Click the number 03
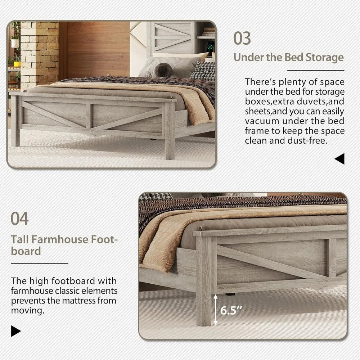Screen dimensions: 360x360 click(x=242, y=38)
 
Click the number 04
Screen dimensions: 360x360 click(x=19, y=219)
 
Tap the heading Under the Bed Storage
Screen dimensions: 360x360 click(x=288, y=57)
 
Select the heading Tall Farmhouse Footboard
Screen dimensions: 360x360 click(x=64, y=245)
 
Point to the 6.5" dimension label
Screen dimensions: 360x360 click(x=231, y=311)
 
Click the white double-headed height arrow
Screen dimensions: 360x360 click(x=215, y=309)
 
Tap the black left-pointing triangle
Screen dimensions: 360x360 click(x=339, y=159)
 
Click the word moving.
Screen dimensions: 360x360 click(x=28, y=310)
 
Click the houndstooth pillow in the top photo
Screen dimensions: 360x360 click(x=203, y=71)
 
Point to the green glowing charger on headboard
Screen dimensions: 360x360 click(x=210, y=47)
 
